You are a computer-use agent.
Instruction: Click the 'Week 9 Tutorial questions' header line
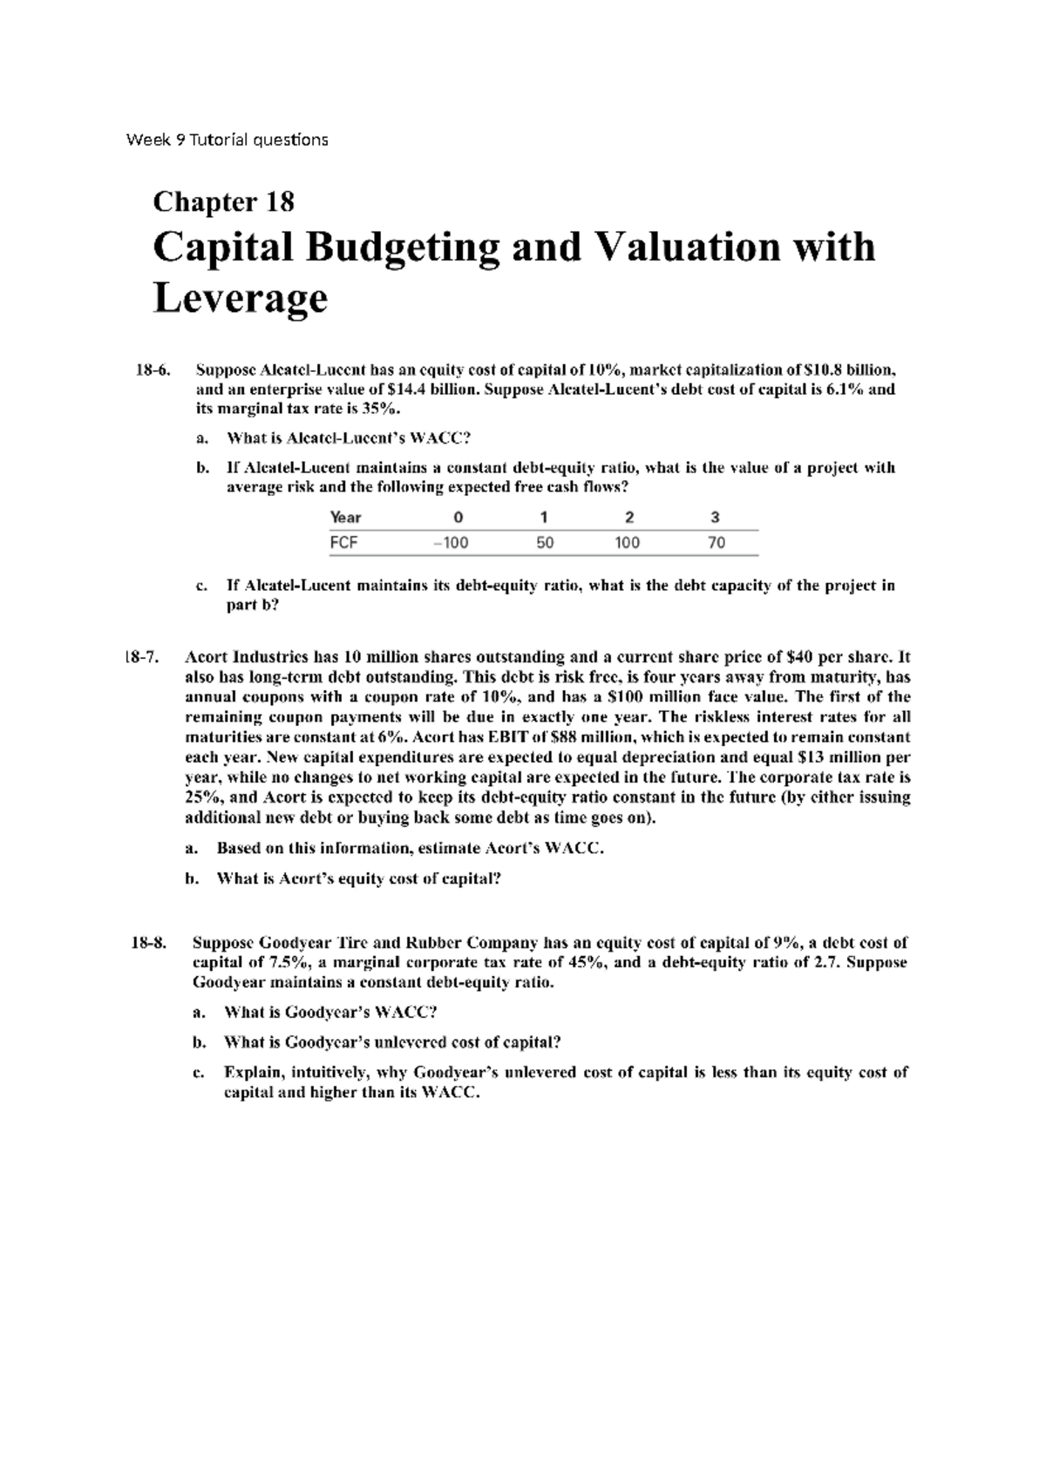click(x=227, y=139)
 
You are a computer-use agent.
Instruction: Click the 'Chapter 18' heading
click(x=223, y=202)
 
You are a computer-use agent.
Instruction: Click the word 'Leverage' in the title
click(x=240, y=299)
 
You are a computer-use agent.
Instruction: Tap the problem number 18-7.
click(x=142, y=657)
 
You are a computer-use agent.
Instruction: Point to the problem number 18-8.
click(x=148, y=942)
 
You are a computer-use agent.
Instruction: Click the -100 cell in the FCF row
click(x=451, y=543)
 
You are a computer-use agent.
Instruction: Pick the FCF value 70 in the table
click(x=716, y=543)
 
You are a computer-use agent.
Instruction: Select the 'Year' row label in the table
click(x=345, y=517)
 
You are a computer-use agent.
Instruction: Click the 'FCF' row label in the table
click(x=343, y=543)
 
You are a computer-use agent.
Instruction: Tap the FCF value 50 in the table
click(x=544, y=543)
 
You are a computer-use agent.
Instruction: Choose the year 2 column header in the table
click(x=629, y=517)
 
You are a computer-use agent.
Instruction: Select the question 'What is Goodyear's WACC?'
click(x=329, y=1013)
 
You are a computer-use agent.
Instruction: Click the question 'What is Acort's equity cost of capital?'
click(x=358, y=878)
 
